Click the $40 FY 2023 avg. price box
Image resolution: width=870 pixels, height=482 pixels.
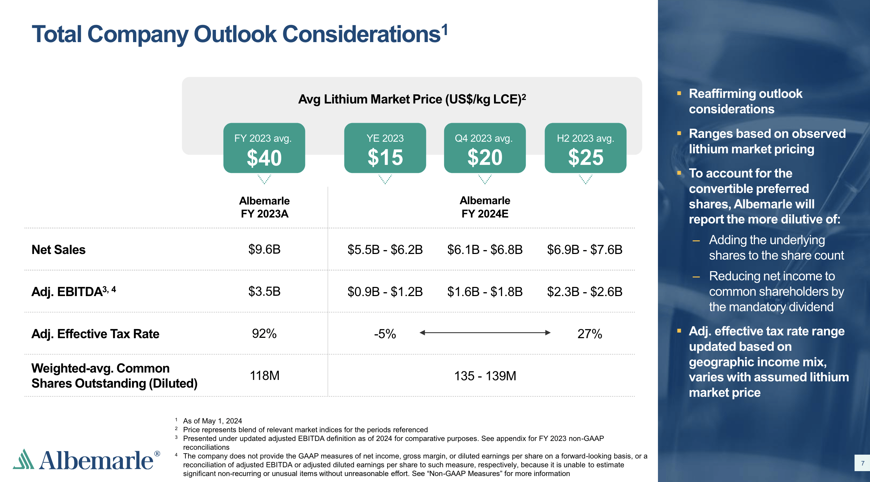click(264, 148)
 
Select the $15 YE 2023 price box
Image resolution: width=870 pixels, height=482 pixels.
click(385, 148)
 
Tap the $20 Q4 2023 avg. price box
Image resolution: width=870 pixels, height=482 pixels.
click(485, 148)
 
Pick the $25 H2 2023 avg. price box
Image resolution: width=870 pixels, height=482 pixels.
click(585, 148)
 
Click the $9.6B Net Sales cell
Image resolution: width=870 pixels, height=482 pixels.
click(264, 249)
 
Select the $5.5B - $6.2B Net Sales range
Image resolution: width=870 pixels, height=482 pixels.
click(385, 250)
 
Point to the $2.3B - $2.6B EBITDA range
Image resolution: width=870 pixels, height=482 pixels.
click(585, 292)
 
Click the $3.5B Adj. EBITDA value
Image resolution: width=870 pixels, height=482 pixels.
click(264, 292)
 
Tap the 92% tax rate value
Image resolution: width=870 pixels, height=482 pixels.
click(264, 334)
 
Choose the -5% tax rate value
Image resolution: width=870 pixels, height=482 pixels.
click(385, 334)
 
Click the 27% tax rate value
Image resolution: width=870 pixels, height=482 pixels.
click(589, 334)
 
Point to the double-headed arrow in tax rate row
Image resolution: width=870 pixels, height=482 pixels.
click(485, 333)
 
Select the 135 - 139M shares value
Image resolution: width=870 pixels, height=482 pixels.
click(485, 376)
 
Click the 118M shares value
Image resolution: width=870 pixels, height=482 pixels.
click(264, 376)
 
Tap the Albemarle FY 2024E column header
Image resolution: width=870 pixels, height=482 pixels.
click(485, 207)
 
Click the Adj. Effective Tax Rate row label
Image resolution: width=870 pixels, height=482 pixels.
click(95, 334)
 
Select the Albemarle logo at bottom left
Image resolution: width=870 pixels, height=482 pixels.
click(86, 460)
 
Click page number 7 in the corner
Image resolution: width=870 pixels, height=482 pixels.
click(862, 463)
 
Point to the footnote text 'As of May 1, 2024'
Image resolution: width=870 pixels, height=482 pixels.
click(212, 421)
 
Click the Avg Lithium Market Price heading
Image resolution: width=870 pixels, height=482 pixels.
click(412, 99)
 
